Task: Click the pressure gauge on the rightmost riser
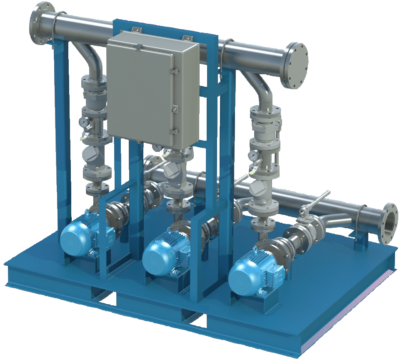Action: click(253, 156)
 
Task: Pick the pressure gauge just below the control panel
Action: click(157, 148)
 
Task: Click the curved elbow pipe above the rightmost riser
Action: click(261, 90)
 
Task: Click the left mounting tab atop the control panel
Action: click(135, 31)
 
